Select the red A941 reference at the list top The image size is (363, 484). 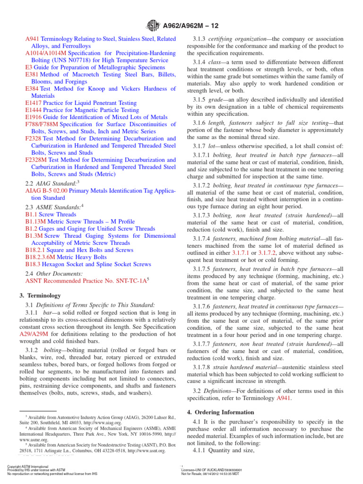pyautogui.click(x=32, y=38)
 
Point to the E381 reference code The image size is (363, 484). pyautogui.click(x=32, y=74)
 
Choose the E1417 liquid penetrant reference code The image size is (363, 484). pyautogui.click(x=34, y=103)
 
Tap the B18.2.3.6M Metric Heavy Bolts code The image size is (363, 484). pyautogui.click(x=45, y=257)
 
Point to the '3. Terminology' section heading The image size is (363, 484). pyautogui.click(x=43, y=295)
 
